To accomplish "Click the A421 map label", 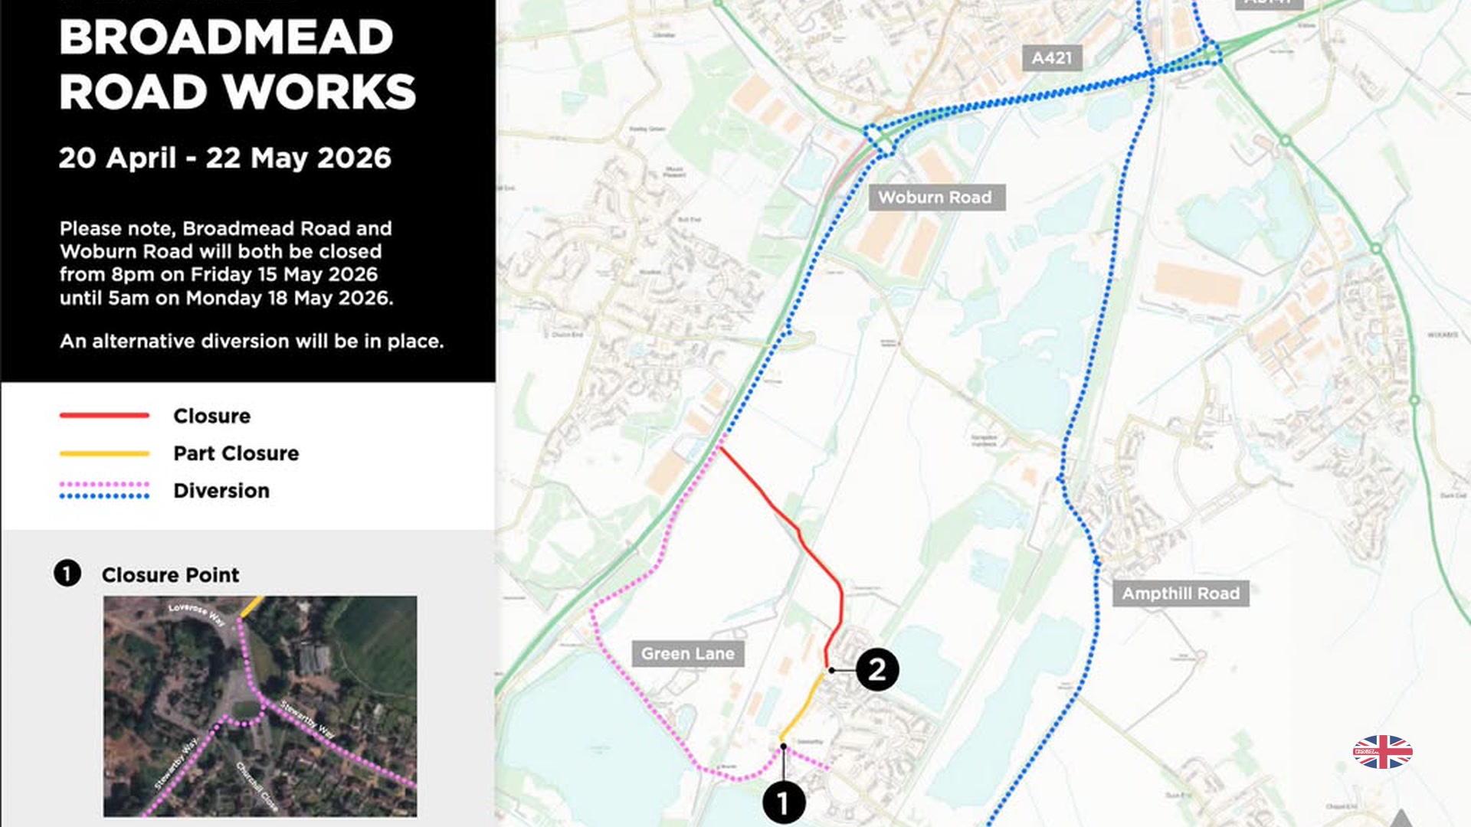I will (x=1051, y=58).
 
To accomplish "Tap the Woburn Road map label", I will (x=935, y=198).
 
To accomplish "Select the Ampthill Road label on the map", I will (x=1180, y=593).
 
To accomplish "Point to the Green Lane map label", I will (x=687, y=654).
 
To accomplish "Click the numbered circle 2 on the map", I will (x=877, y=670).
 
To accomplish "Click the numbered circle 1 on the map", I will (x=783, y=803).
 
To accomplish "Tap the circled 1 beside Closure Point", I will (x=67, y=574).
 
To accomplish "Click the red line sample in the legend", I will (x=104, y=416).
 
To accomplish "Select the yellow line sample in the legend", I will (x=104, y=453).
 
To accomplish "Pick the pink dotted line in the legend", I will (x=104, y=485).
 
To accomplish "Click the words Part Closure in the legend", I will (x=236, y=453).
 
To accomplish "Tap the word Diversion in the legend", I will (x=221, y=491).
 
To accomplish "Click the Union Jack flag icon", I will (x=1382, y=752).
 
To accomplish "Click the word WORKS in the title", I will (x=320, y=92).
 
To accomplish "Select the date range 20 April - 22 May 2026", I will (x=224, y=158).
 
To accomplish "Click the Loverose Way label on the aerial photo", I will (x=196, y=613).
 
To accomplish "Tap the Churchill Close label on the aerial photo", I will (x=257, y=786).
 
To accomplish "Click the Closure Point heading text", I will (x=170, y=575).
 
